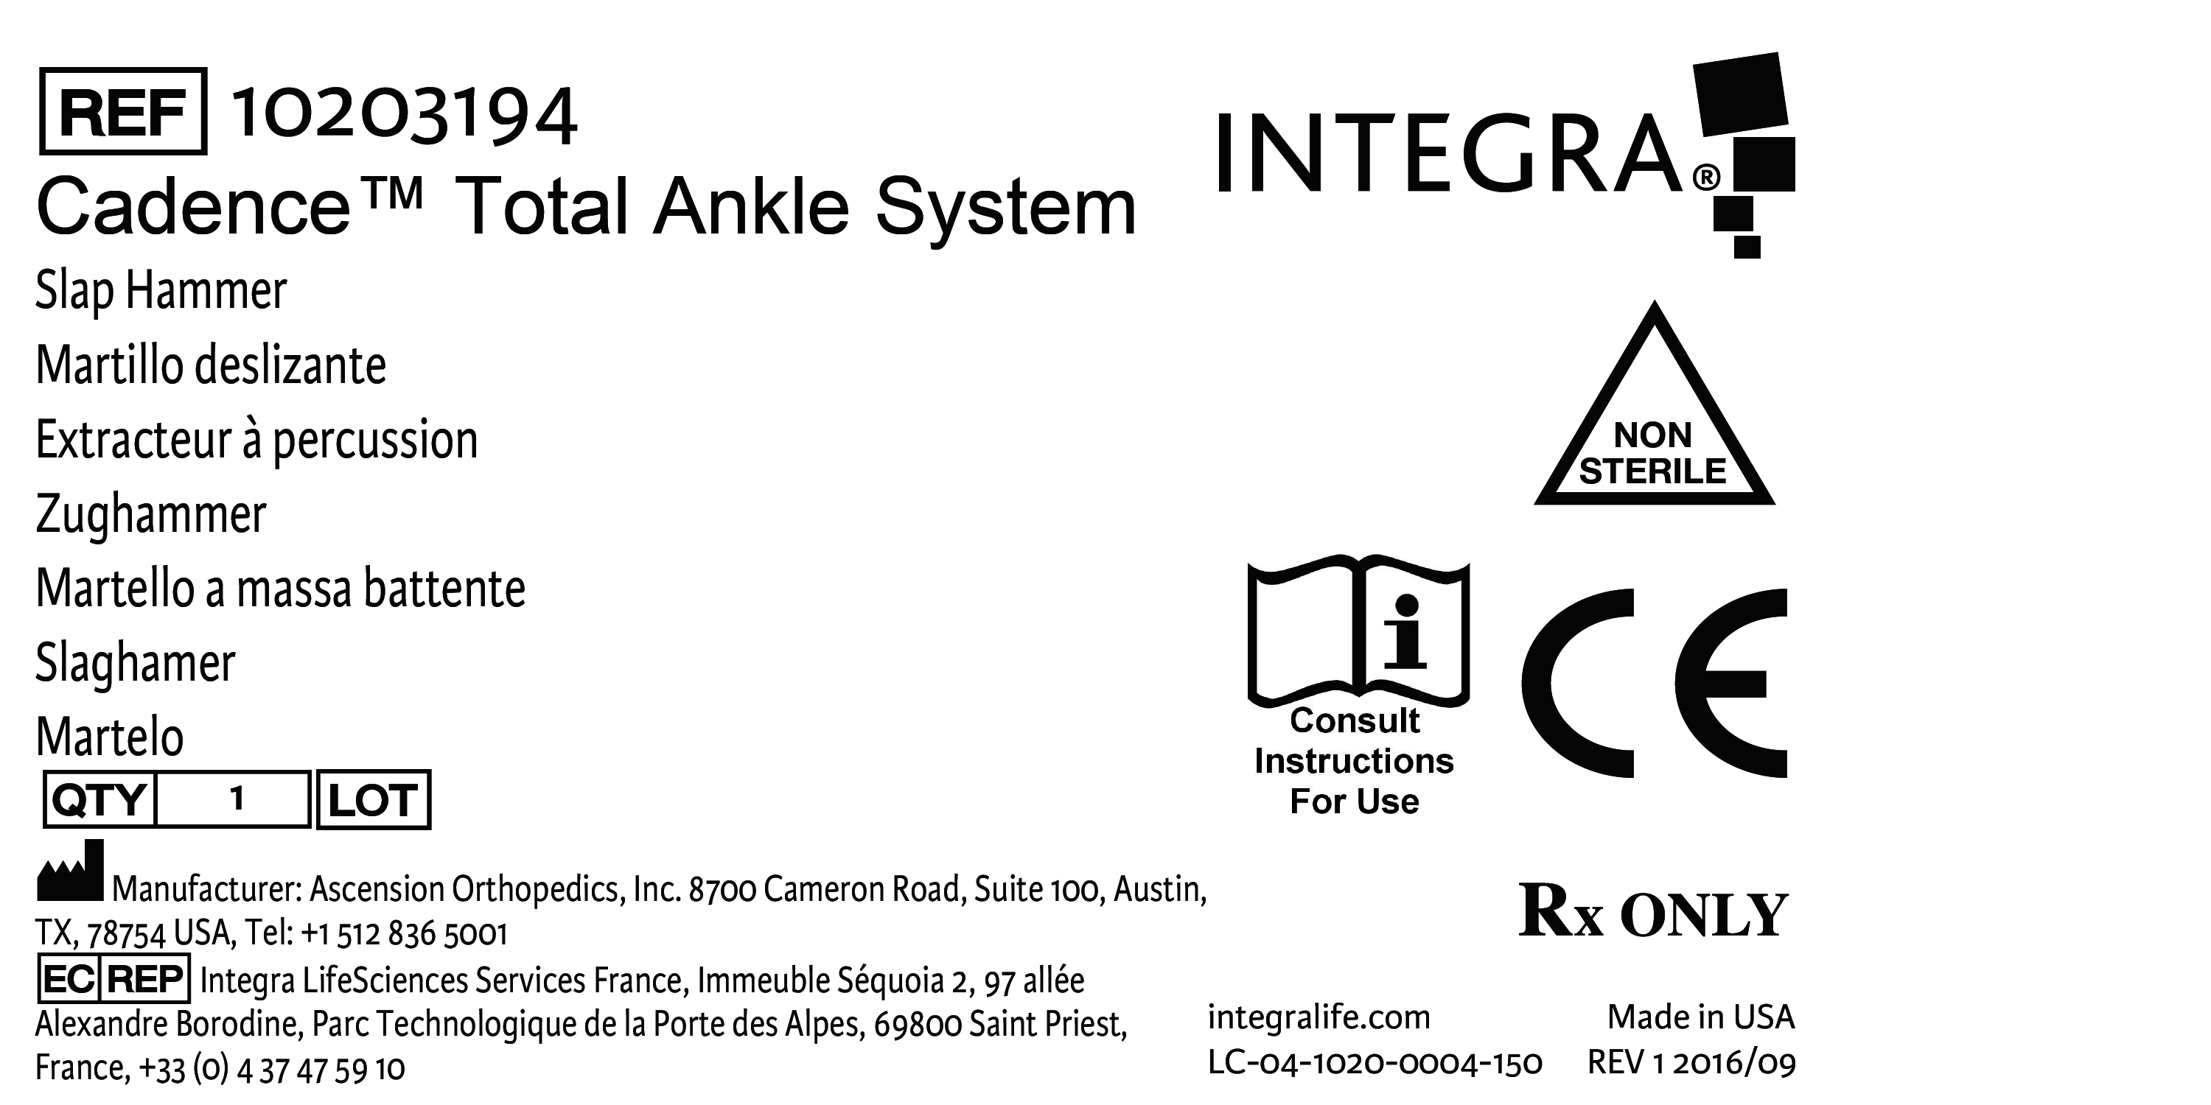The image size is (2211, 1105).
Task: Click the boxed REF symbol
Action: tap(123, 111)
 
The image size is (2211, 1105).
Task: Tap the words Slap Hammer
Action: tap(161, 291)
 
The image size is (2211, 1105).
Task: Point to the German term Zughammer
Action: tap(151, 515)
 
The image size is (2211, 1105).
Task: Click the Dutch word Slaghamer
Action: tap(136, 663)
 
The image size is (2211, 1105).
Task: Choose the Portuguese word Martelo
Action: tap(110, 737)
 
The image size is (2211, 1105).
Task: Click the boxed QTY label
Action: tap(99, 799)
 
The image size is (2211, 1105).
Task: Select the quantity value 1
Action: tap(237, 799)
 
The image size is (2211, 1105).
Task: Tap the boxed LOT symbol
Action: tap(374, 799)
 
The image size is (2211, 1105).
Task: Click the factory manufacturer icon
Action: tap(69, 871)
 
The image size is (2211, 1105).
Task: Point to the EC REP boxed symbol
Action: tap(113, 979)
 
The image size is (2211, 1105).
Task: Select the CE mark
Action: tap(1653, 683)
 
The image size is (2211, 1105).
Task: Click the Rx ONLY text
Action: tap(1653, 913)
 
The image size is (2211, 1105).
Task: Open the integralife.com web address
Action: tap(1318, 1017)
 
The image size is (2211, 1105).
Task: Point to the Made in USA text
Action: tap(1700, 1017)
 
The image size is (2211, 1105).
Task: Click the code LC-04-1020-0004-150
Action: tap(1375, 1064)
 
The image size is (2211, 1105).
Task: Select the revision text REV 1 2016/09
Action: tap(1691, 1064)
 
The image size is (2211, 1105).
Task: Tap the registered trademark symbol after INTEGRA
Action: tap(1705, 178)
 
